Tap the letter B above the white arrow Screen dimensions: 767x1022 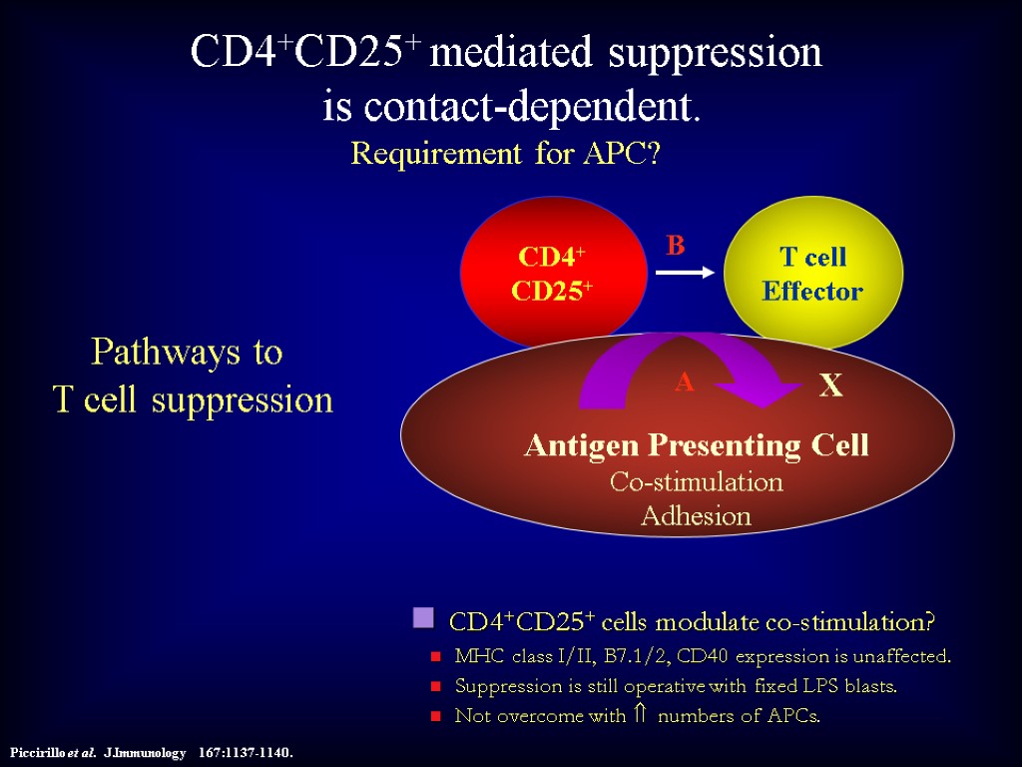[676, 246]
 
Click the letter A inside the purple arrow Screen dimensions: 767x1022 [684, 382]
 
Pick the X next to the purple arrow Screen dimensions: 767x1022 [830, 386]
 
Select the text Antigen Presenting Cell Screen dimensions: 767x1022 [697, 445]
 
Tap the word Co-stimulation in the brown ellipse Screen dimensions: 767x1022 [696, 482]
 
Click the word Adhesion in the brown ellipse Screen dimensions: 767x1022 [696, 516]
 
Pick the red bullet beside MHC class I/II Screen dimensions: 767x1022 [435, 658]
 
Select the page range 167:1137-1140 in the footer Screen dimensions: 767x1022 [247, 752]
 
